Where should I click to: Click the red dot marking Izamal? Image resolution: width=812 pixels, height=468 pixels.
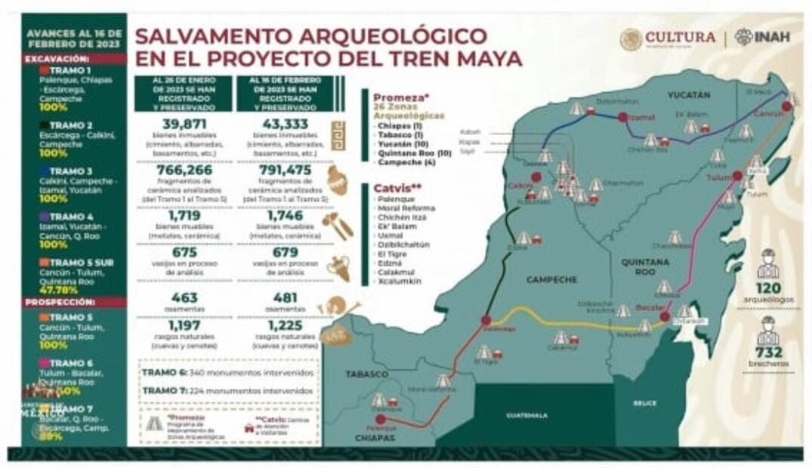[x=622, y=117]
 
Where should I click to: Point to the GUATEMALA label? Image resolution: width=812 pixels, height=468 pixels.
[x=526, y=414]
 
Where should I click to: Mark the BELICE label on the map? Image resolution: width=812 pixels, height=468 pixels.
[x=644, y=403]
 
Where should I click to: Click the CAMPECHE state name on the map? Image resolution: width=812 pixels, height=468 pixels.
[x=551, y=279]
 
